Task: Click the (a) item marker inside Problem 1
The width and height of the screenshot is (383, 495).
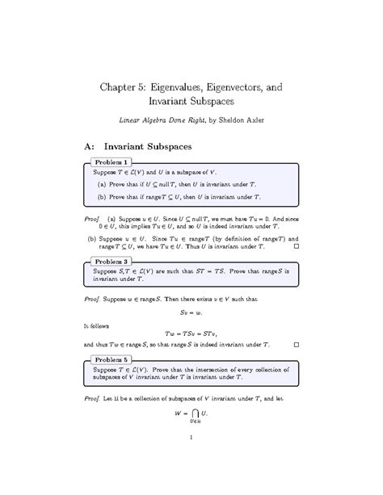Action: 102,186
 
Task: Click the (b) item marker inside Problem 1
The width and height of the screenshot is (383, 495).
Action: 102,197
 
